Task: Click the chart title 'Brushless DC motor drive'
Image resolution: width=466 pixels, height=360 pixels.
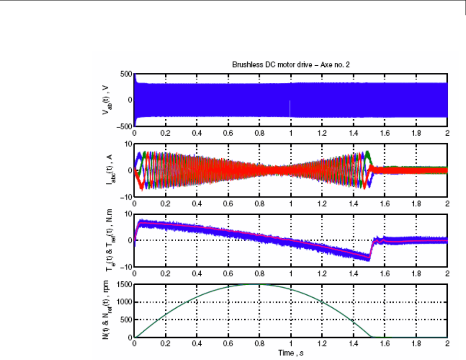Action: [x=291, y=64]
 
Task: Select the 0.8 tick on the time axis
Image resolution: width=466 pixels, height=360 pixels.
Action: [x=260, y=344]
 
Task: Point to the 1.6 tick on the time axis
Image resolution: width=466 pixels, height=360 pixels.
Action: [x=385, y=344]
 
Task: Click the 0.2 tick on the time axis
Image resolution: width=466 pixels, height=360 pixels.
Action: [x=166, y=344]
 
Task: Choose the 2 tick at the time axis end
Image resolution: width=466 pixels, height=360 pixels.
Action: [x=447, y=344]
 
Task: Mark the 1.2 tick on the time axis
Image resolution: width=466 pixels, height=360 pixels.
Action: [x=322, y=344]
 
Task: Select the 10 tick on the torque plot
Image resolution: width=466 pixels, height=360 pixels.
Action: [x=128, y=214]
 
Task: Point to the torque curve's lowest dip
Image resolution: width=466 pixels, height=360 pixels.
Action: [x=368, y=258]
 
